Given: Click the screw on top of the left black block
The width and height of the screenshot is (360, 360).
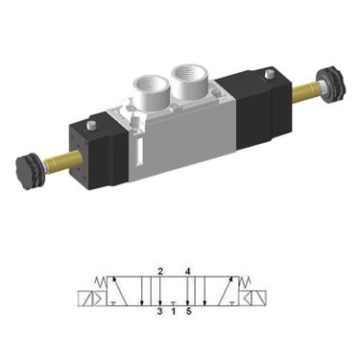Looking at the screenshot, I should (x=92, y=124).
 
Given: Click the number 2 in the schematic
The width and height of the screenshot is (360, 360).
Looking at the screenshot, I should (x=160, y=272).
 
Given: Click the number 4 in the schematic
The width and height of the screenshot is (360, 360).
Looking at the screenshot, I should (x=187, y=272).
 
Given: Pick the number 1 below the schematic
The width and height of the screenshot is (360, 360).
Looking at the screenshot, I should (x=173, y=311).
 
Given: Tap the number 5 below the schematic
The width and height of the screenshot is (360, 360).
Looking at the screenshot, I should (x=188, y=311).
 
